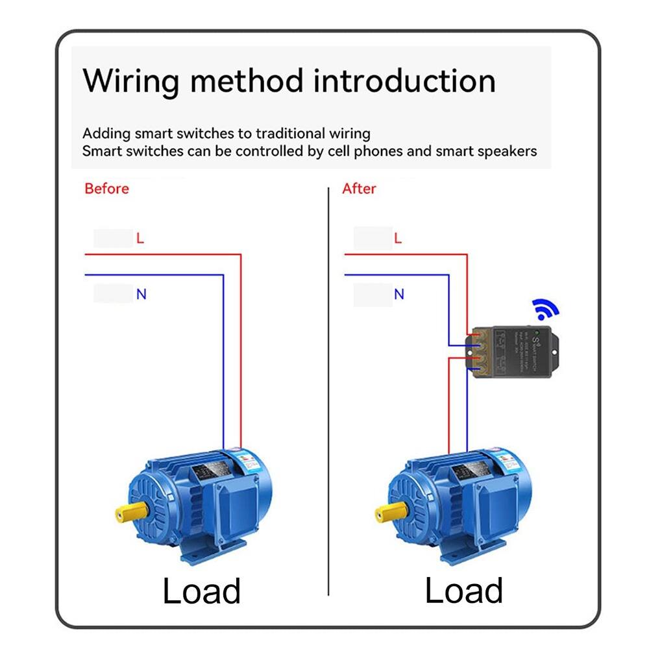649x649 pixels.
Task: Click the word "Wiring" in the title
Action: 130,81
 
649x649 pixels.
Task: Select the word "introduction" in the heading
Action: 404,81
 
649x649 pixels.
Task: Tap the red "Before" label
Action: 107,189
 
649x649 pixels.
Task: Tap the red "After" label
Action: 359,189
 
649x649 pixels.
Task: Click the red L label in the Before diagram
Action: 140,238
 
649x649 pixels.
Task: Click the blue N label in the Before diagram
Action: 141,294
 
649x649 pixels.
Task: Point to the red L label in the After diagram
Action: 398,238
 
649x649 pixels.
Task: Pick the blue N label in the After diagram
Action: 398,294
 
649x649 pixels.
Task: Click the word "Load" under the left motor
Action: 201,591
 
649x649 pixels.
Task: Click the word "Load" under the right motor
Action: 463,591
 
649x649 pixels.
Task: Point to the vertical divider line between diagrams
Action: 329,389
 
